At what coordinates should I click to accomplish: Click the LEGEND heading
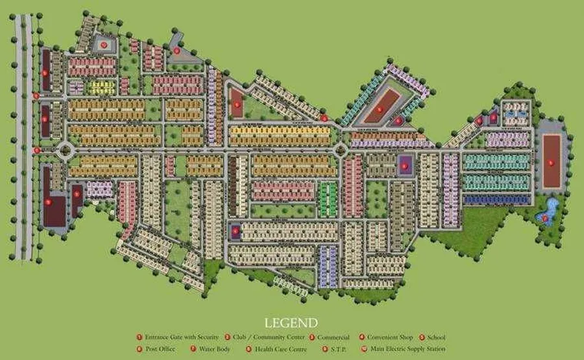291,322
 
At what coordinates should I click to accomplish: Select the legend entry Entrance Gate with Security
181,337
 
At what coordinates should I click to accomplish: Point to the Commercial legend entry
333,337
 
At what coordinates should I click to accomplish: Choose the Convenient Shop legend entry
390,337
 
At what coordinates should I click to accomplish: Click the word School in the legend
435,337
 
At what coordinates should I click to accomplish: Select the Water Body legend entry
216,349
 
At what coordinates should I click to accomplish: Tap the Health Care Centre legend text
280,349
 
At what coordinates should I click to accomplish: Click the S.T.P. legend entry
340,349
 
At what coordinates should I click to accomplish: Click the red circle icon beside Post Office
139,349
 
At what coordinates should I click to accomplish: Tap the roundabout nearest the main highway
65,150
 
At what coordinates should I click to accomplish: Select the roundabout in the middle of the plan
341,150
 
